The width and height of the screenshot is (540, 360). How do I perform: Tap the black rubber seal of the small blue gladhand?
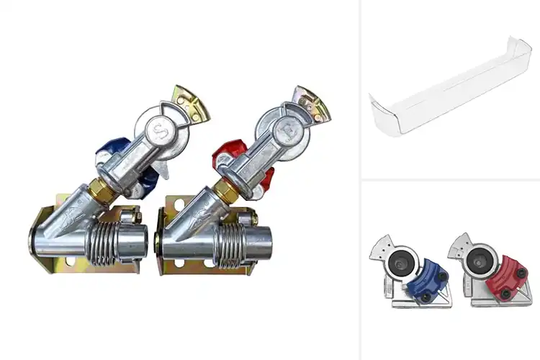click(398, 265)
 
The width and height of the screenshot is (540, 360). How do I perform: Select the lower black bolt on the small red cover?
click(505, 294)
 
